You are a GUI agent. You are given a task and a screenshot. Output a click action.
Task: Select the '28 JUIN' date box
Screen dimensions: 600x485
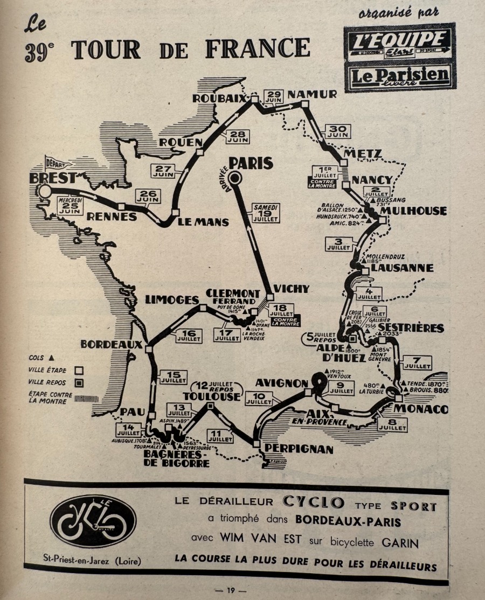tap(238, 137)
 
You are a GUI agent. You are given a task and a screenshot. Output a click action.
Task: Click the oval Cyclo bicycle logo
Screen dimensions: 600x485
tap(93, 521)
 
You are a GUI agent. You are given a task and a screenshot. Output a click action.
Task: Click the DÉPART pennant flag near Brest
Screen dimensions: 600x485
tap(56, 162)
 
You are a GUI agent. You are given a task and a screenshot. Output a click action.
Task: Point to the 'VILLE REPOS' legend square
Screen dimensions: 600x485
tap(79, 383)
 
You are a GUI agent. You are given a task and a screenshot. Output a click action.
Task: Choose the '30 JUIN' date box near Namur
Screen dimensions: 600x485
tap(337, 131)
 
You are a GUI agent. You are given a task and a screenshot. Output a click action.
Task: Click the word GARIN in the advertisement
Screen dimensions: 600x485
tap(400, 543)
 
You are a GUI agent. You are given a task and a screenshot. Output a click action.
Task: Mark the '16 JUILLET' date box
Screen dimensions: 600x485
tap(189, 336)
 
